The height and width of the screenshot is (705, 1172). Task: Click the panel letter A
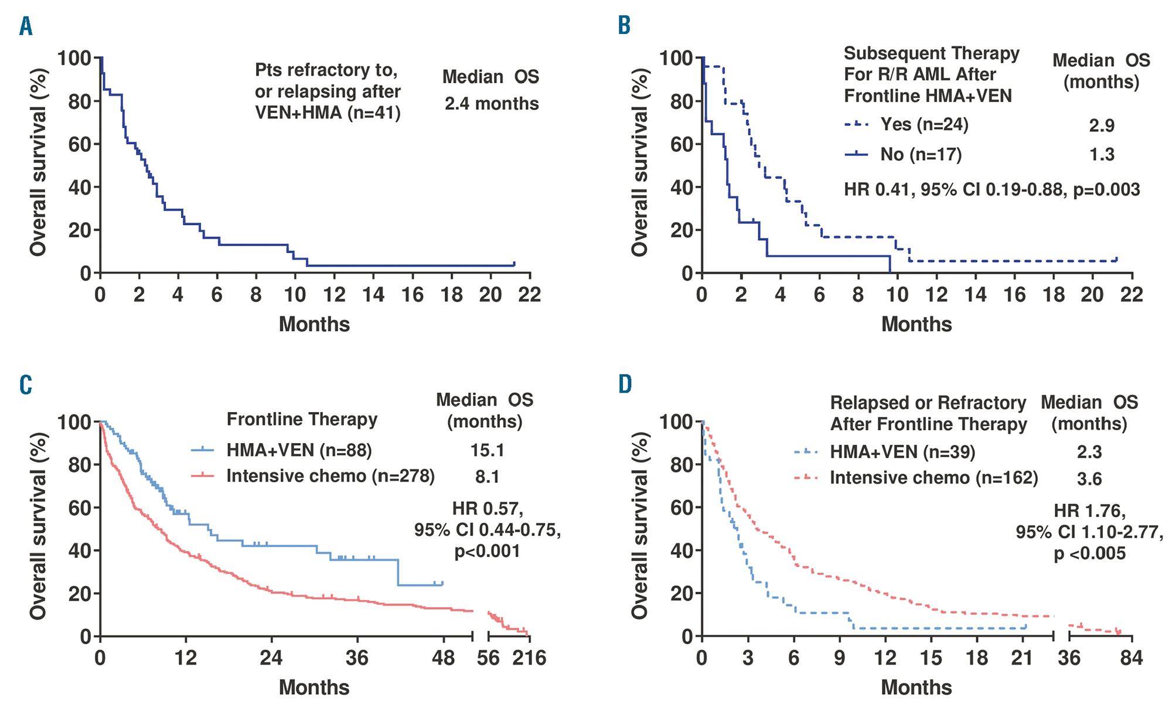(26, 26)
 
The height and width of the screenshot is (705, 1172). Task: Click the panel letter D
(625, 384)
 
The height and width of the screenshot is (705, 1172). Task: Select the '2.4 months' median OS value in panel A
(491, 104)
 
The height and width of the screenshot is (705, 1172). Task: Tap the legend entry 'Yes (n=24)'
(924, 124)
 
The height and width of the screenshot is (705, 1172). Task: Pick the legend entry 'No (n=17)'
(921, 154)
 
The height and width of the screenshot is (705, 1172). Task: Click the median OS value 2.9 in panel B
(1101, 125)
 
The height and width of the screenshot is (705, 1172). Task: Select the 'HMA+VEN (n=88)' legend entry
(299, 450)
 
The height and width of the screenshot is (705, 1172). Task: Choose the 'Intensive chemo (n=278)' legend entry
(331, 476)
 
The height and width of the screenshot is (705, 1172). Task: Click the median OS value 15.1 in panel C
(487, 450)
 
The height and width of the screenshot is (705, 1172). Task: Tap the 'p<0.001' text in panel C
(487, 551)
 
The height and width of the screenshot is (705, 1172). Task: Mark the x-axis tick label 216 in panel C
(529, 658)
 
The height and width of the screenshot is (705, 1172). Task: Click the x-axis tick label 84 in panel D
(1131, 658)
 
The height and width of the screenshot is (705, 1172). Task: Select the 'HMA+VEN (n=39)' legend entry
(902, 452)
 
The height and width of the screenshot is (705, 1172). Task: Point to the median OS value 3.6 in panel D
(1089, 479)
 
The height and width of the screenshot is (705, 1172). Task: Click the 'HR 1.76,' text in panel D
(1089, 511)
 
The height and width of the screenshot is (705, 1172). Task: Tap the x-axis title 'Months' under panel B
(917, 324)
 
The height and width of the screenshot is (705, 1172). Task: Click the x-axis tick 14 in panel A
(373, 295)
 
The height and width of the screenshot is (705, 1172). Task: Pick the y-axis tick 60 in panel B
(682, 144)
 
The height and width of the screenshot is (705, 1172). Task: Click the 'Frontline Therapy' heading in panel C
(302, 420)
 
